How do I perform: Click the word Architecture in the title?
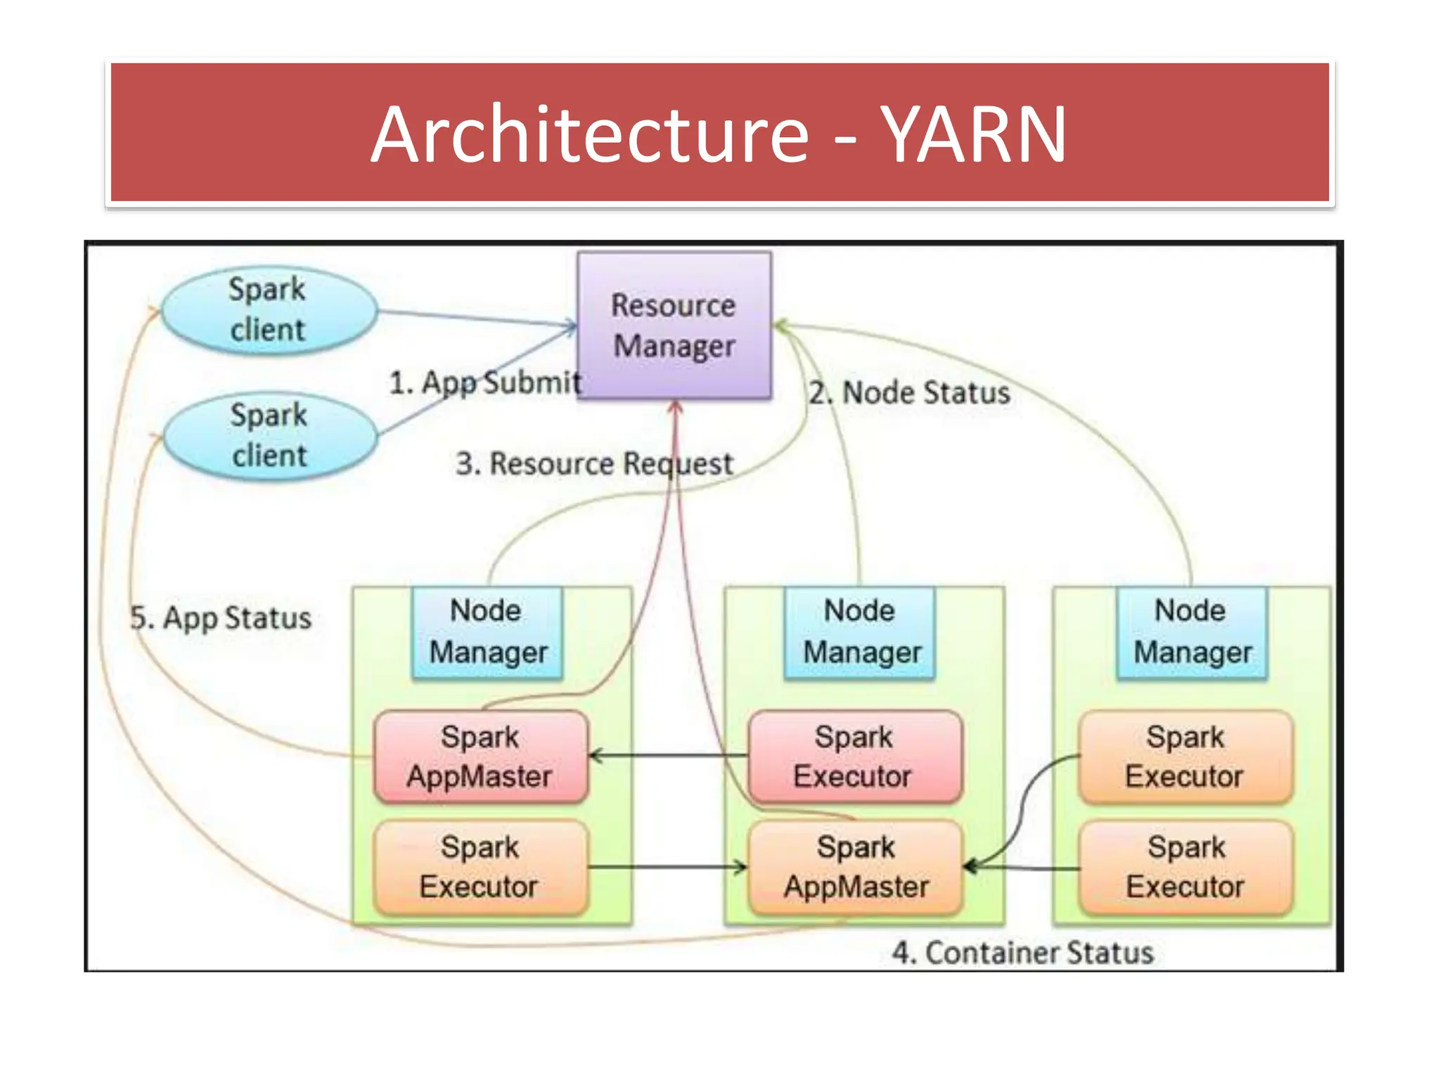589,134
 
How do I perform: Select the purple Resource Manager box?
674,326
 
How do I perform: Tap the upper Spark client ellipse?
268,309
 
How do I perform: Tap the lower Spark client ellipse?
269,435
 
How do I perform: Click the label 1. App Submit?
485,382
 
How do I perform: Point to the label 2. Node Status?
908,392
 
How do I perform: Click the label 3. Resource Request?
594,463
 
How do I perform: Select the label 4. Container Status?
1022,953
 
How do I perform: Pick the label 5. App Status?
221,618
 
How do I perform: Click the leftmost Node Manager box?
487,631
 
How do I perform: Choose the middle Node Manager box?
861,631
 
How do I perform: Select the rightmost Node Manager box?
1192,631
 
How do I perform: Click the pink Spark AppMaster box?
480,757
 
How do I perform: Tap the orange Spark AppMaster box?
856,867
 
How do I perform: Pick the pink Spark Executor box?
854,757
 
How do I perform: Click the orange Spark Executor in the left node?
480,867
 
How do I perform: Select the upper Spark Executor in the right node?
1185,757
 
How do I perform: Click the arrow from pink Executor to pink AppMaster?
668,756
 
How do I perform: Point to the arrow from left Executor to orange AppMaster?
668,867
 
